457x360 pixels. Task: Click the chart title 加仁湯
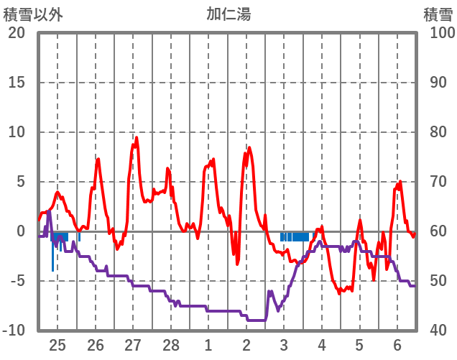point(228,14)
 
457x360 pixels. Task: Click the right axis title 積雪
point(437,14)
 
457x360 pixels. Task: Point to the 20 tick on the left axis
point(17,33)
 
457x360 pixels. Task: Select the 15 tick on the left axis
point(17,83)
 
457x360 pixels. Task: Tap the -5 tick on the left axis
point(15,281)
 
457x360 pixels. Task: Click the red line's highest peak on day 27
point(137,138)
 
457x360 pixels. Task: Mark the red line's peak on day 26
point(98,159)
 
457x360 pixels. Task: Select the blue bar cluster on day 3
point(295,236)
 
